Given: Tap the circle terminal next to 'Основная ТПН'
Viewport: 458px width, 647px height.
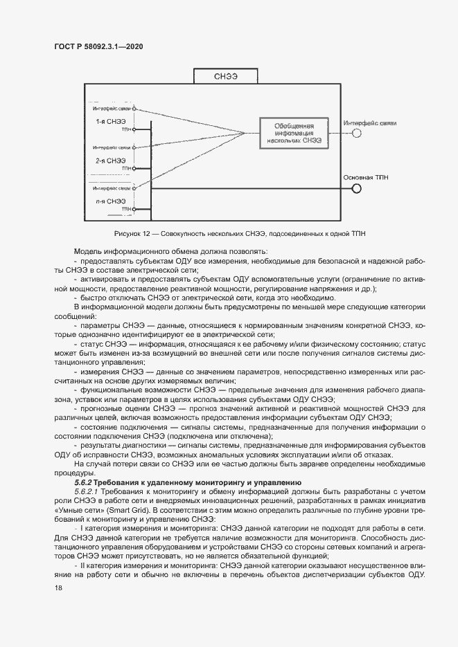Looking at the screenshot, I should (358, 188).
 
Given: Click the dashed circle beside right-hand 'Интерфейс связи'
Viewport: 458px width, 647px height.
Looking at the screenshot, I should (357, 134).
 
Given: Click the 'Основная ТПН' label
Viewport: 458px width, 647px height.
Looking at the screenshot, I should (366, 177).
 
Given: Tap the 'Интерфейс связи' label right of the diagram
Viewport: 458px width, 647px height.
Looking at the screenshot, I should (369, 122).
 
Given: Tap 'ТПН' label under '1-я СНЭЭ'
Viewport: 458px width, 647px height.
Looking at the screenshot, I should (125, 129).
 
